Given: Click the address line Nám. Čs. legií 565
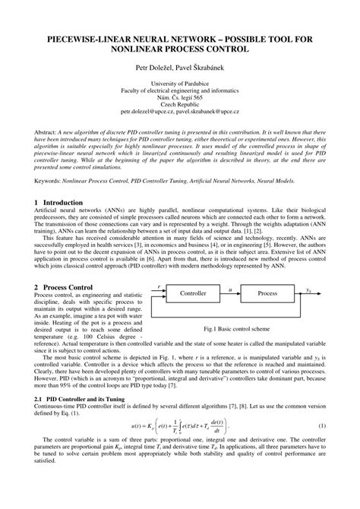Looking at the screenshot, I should [180, 97].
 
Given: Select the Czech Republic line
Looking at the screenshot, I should [180, 105].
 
